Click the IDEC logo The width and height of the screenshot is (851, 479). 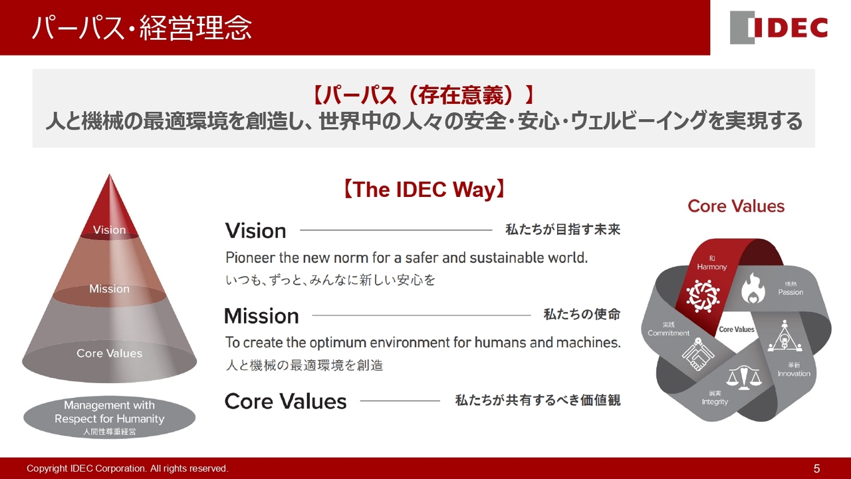coord(779,27)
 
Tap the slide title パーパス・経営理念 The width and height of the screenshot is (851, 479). coord(142,28)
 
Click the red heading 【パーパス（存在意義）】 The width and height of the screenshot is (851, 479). coord(424,95)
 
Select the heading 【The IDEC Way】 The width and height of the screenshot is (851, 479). coord(424,190)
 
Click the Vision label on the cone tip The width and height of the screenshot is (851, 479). coord(110,230)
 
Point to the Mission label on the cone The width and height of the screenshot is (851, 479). coord(110,289)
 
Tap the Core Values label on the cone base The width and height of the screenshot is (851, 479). coord(110,353)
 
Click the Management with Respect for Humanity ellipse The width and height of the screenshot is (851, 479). coord(110,417)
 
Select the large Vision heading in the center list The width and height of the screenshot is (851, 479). coord(256,231)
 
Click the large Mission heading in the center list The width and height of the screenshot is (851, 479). coord(262,316)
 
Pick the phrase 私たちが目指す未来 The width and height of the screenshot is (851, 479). coord(562,230)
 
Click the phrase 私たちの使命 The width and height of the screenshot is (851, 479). coord(582,315)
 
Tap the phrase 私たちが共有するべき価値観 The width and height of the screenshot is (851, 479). coord(538,400)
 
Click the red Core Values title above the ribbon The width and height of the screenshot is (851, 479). coord(736,206)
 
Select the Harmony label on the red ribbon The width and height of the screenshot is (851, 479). coord(712,267)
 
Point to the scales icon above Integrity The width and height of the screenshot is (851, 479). coord(744,377)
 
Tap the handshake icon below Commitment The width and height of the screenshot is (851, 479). coord(698,355)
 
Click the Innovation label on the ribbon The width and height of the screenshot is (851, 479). coord(794,373)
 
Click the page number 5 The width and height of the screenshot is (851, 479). coord(817,468)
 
